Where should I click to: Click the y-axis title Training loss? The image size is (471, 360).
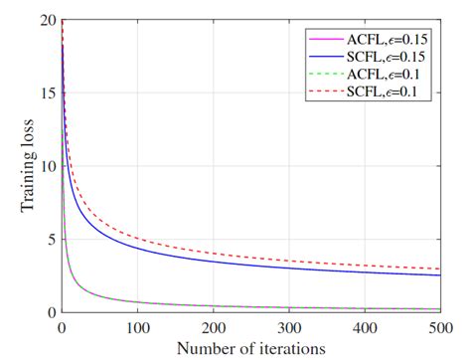[x=27, y=165]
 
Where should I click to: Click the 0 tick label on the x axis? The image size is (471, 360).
[x=62, y=326]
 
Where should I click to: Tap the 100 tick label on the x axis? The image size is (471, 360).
[x=138, y=326]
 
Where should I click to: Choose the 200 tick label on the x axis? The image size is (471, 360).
[x=215, y=326]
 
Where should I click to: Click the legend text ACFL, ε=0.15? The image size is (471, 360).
[x=391, y=40]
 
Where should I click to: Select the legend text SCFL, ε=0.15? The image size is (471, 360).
[x=391, y=58]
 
